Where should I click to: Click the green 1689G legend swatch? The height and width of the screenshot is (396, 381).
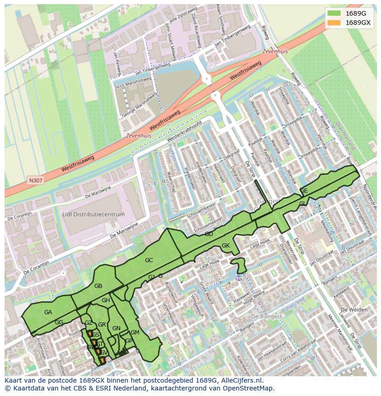[x=335, y=13]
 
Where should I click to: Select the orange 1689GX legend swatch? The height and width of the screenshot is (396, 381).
[x=335, y=23]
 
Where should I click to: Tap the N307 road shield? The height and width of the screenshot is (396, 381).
[x=35, y=181]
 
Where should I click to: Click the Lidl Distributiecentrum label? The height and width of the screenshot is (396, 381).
[x=93, y=214]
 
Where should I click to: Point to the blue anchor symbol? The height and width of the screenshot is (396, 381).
[x=238, y=276]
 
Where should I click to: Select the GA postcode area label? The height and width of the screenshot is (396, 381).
[x=48, y=312]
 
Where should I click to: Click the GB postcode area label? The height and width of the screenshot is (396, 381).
[x=98, y=286]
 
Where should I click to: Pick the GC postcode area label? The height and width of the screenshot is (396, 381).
[x=149, y=260]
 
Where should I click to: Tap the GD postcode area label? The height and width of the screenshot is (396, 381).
[x=209, y=234]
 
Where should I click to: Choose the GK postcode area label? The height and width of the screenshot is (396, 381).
[x=225, y=245]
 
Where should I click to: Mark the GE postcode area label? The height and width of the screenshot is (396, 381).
[x=304, y=190]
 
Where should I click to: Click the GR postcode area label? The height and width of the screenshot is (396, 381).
[x=102, y=325]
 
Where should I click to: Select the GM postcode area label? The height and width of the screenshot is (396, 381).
[x=135, y=332]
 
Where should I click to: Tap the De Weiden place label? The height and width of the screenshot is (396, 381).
[x=355, y=310]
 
